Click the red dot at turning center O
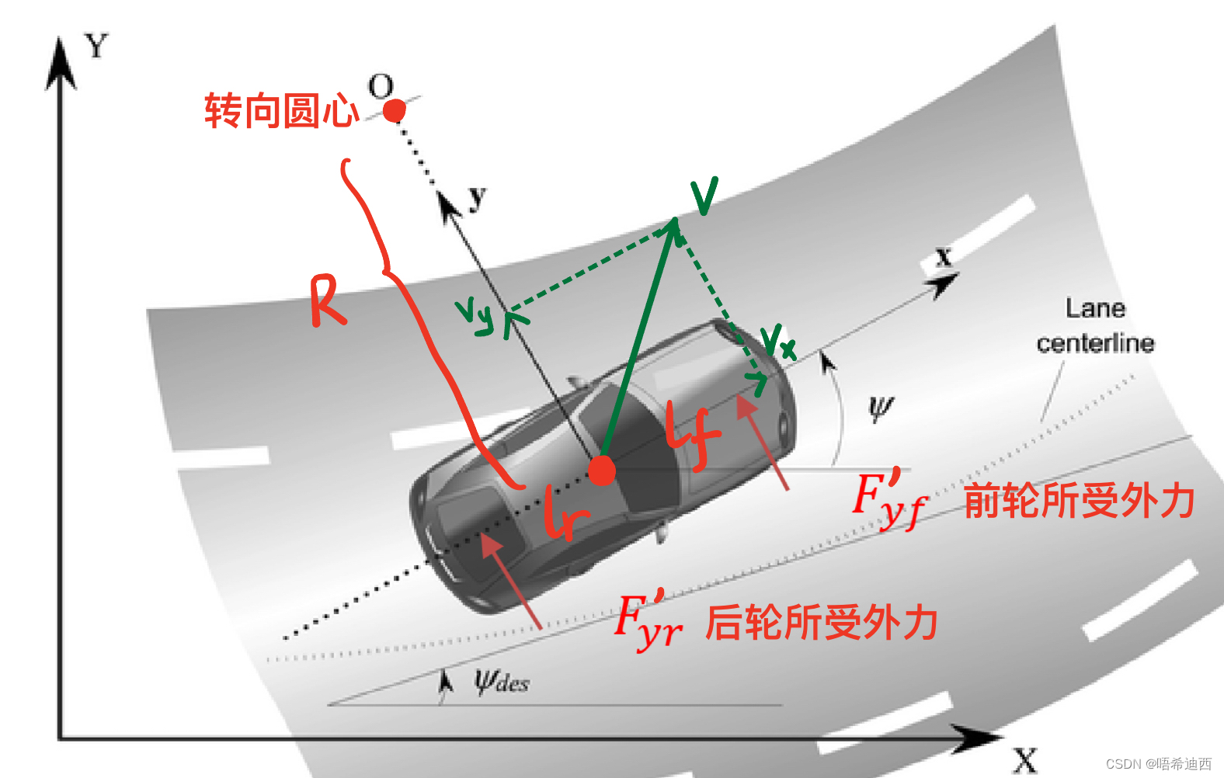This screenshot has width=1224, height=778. [x=395, y=111]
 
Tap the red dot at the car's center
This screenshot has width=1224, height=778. [x=601, y=471]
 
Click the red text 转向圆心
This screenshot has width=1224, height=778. [x=280, y=110]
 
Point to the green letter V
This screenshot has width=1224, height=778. [x=704, y=196]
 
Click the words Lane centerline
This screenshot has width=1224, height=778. [x=1095, y=325]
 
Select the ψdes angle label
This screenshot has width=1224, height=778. [x=502, y=682]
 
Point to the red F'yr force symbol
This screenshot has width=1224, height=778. [x=649, y=621]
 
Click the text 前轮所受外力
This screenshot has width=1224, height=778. [x=1079, y=500]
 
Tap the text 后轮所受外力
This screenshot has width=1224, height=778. [x=821, y=623]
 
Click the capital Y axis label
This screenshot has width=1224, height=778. [x=97, y=47]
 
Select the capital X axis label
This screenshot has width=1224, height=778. [x=1024, y=760]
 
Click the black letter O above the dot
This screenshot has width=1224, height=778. [x=381, y=86]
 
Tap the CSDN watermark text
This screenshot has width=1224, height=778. [x=1158, y=764]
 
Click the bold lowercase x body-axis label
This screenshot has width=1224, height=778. [x=944, y=256]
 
